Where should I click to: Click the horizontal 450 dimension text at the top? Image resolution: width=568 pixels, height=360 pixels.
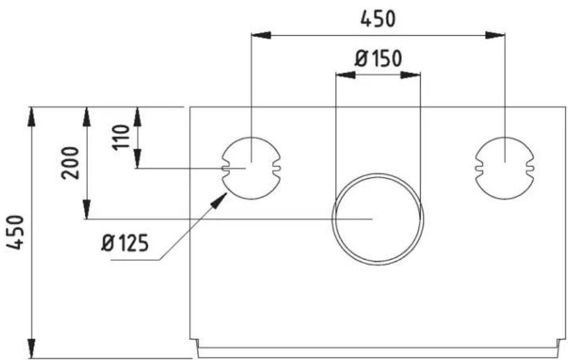click(x=378, y=19)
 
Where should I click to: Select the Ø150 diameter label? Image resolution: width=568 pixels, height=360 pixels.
click(x=378, y=59)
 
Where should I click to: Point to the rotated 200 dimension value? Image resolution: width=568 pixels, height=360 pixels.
click(x=71, y=162)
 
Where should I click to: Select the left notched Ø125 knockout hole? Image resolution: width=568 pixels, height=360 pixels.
click(x=251, y=168)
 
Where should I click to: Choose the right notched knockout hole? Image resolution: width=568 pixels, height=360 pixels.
click(x=504, y=168)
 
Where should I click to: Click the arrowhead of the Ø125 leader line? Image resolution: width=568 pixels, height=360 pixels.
click(x=221, y=199)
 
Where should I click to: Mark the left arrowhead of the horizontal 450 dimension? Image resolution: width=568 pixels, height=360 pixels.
click(x=259, y=35)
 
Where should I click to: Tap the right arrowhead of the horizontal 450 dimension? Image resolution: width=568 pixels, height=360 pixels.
click(x=497, y=35)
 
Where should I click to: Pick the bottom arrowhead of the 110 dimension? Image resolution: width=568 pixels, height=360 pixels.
click(x=138, y=160)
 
